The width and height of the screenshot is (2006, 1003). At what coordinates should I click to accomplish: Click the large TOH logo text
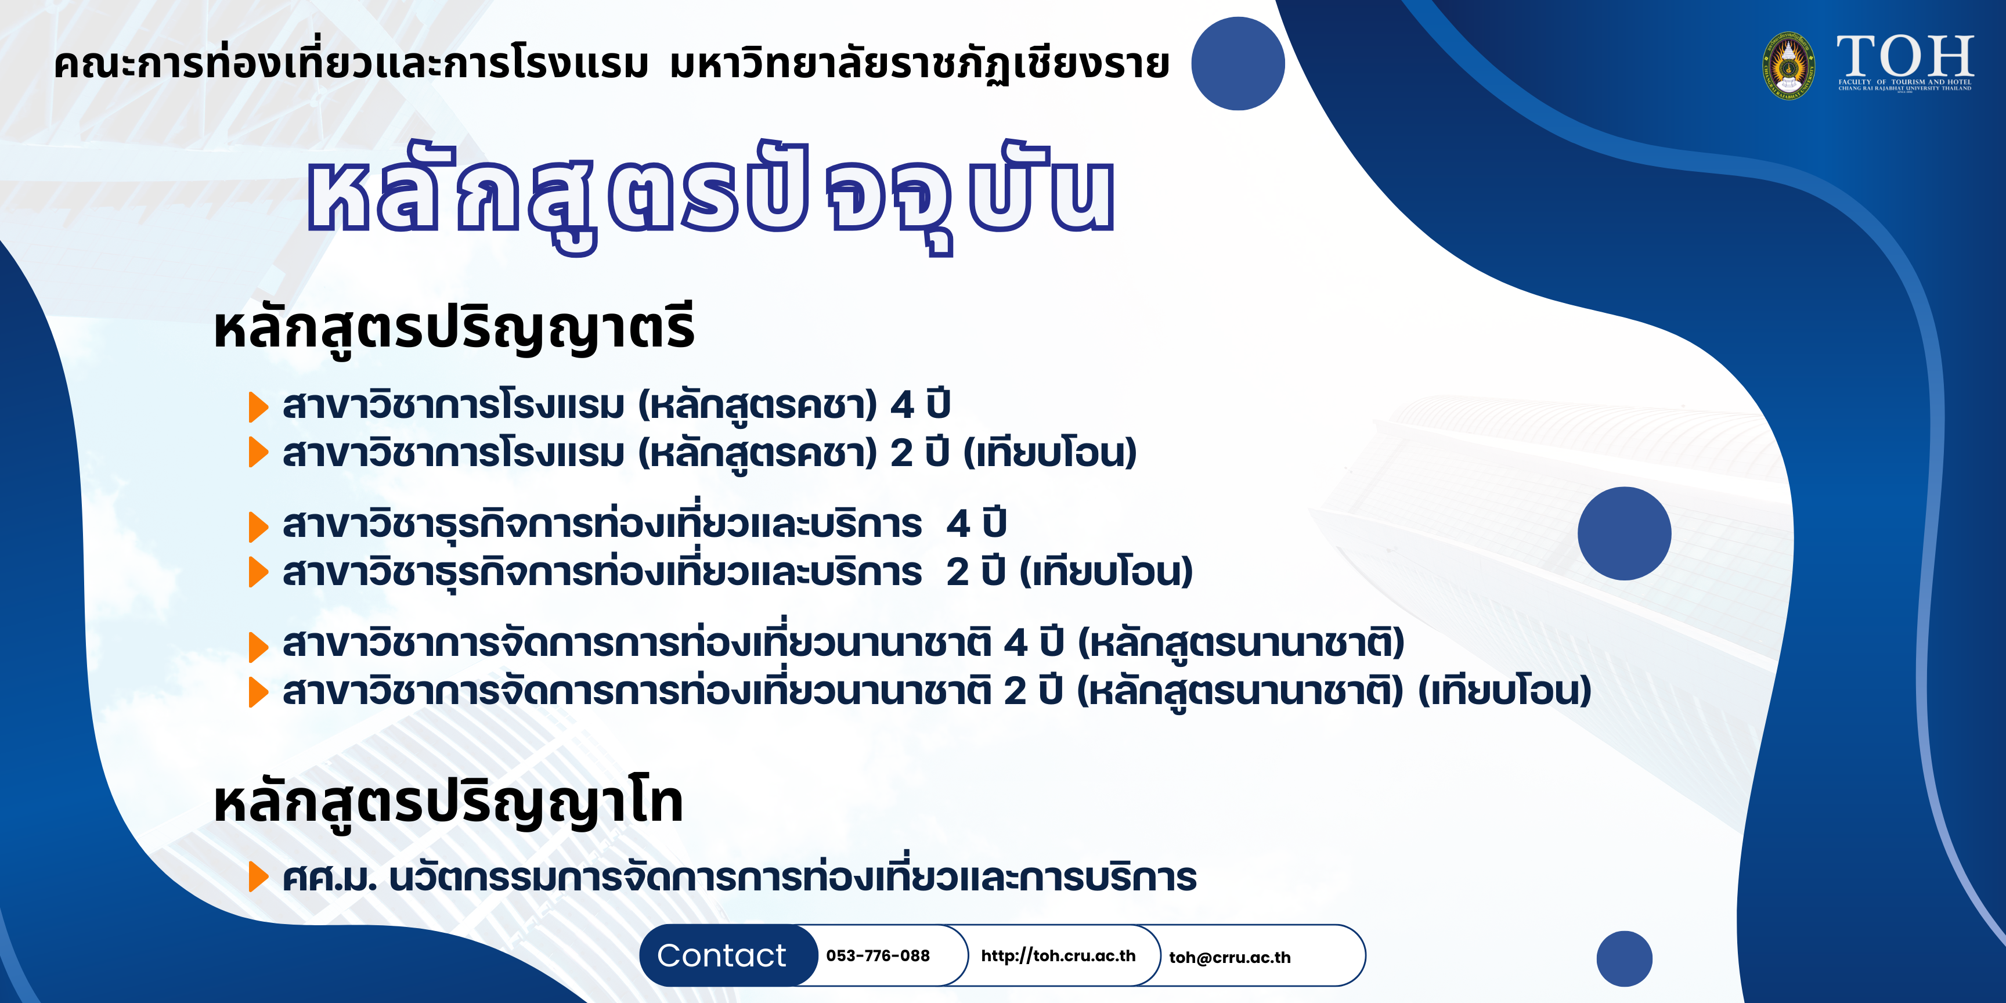pos(1905,56)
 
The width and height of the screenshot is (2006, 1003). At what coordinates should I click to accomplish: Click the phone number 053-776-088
pos(878,955)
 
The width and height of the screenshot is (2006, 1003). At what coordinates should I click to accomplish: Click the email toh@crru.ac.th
pos(1229,957)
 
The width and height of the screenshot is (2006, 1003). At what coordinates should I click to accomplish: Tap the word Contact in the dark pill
pos(721,955)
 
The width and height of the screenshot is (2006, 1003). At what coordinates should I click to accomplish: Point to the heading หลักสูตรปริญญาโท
pos(449,802)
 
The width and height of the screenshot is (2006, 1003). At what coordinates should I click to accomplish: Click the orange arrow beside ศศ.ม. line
pos(258,877)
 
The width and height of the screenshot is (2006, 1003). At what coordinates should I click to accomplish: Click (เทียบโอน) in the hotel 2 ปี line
pos(1051,452)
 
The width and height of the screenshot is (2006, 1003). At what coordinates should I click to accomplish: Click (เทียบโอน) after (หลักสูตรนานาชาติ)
pos(1504,691)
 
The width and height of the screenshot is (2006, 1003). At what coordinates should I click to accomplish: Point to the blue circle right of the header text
pos(1237,63)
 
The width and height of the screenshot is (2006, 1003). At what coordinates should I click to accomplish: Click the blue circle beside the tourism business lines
pos(1625,533)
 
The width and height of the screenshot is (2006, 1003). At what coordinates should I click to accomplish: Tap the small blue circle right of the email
pos(1625,959)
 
